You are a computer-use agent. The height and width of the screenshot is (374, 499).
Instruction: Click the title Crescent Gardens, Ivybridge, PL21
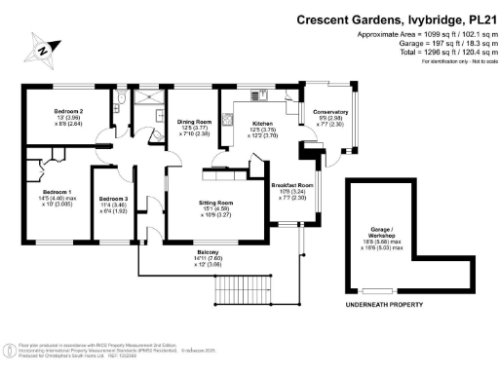(389, 19)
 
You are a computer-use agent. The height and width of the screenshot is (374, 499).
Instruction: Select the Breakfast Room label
(291, 190)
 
